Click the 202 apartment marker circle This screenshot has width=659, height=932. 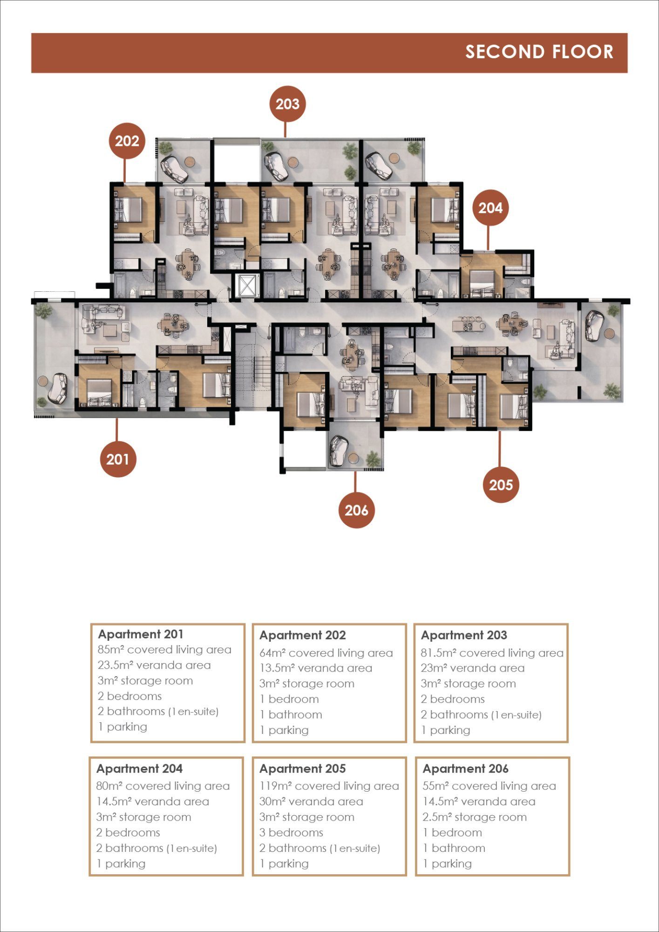pyautogui.click(x=127, y=141)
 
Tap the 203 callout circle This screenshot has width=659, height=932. pyautogui.click(x=287, y=103)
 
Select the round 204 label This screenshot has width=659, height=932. pyautogui.click(x=490, y=207)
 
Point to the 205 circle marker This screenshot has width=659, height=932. pyautogui.click(x=501, y=485)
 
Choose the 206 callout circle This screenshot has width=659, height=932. pyautogui.click(x=356, y=510)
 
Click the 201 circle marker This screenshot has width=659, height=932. pyautogui.click(x=118, y=459)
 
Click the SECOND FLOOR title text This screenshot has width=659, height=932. pyautogui.click(x=539, y=52)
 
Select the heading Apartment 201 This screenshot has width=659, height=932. pyautogui.click(x=141, y=634)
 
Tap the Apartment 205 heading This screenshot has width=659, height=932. pyautogui.click(x=303, y=768)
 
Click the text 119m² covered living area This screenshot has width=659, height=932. pyautogui.click(x=329, y=786)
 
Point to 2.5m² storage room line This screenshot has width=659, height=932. pyautogui.click(x=475, y=817)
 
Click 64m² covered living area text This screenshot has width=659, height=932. pyautogui.click(x=326, y=653)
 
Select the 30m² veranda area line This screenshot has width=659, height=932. pyautogui.click(x=311, y=802)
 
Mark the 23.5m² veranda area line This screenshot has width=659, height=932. pyautogui.click(x=154, y=665)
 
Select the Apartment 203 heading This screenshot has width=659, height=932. pyautogui.click(x=464, y=635)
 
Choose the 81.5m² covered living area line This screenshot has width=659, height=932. pyautogui.click(x=492, y=653)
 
